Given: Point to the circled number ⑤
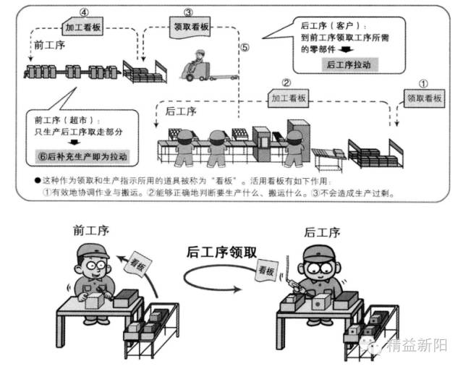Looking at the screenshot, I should point(245,48).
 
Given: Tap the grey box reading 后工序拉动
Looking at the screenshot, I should point(351,64).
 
